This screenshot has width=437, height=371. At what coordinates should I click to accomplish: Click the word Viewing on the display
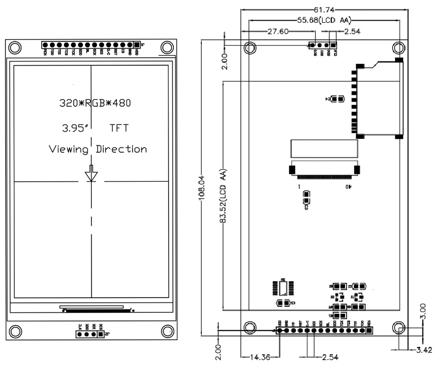point(69,149)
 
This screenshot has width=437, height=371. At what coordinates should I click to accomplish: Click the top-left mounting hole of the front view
point(14,47)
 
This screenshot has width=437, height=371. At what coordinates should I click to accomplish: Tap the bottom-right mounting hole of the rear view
point(399,328)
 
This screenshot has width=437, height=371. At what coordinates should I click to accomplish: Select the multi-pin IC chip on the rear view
point(283,288)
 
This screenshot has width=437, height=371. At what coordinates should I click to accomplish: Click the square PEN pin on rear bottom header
point(369,330)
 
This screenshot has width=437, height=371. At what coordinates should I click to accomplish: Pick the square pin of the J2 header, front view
point(100,334)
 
